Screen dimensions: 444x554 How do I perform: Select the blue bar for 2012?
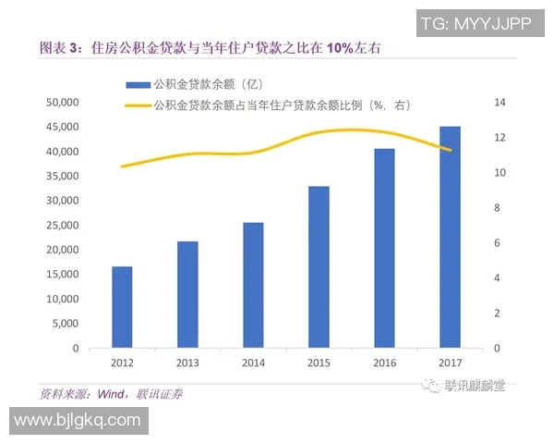pyautogui.click(x=122, y=307)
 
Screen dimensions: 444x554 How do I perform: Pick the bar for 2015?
pyautogui.click(x=319, y=267)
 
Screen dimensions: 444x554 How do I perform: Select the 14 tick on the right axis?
pyautogui.click(x=501, y=102)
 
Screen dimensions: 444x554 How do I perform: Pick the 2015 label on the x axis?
pyautogui.click(x=319, y=364)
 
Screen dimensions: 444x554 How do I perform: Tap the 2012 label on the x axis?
pyautogui.click(x=122, y=364)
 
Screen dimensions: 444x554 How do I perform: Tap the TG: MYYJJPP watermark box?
pyautogui.click(x=475, y=22)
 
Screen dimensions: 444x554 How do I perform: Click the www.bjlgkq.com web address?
pyautogui.click(x=78, y=421)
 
